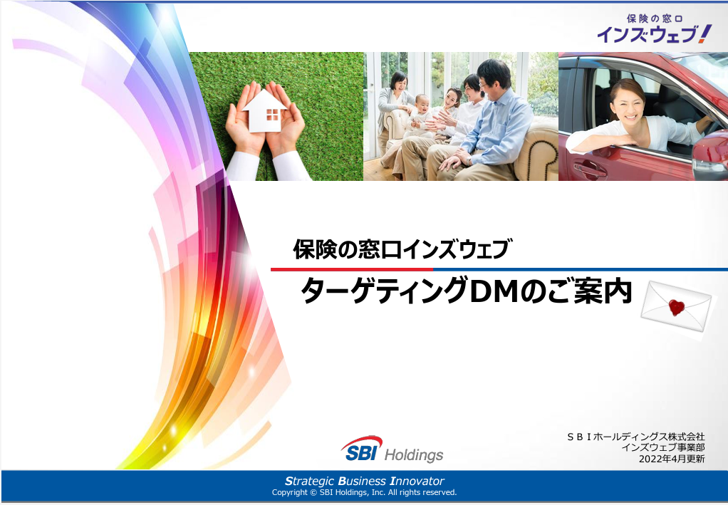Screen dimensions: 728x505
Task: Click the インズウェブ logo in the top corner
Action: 654,28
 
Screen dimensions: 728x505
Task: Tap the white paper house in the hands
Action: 265,111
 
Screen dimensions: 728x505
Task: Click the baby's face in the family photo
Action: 422,103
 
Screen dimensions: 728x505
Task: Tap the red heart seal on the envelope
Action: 677,307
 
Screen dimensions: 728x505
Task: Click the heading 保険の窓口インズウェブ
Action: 402,249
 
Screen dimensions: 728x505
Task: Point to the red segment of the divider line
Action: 352,269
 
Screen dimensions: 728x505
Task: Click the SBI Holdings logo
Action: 392,449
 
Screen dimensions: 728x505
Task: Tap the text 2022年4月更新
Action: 671,459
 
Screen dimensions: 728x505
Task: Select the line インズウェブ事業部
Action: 663,447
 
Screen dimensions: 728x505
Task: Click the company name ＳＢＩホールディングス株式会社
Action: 635,437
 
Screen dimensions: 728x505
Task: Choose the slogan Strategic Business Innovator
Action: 365,481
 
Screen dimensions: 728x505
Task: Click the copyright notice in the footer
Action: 365,492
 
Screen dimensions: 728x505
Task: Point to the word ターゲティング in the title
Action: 384,292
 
